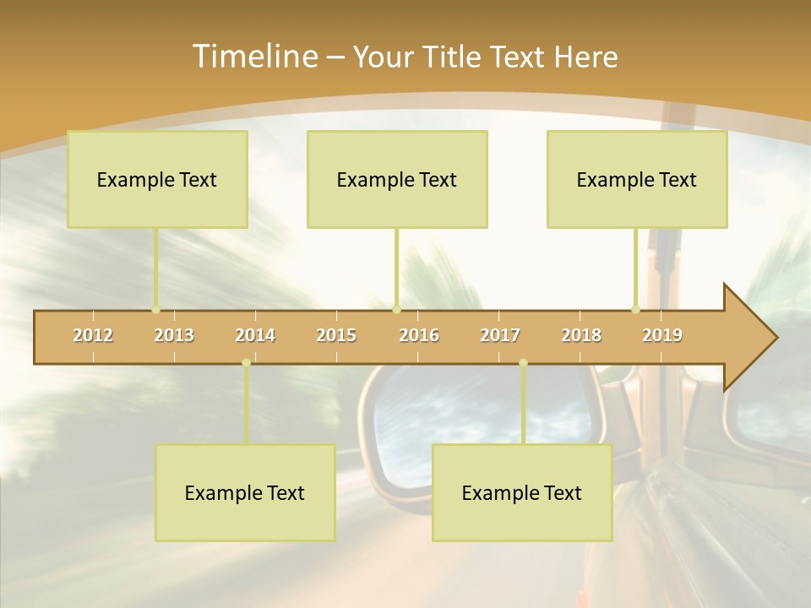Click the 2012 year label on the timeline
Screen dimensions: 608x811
point(93,335)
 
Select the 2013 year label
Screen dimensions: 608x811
point(174,335)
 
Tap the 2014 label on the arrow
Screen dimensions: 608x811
point(255,335)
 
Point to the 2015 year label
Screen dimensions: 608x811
point(336,335)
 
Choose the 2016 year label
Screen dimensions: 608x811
point(419,335)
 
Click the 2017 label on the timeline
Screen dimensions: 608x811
point(500,335)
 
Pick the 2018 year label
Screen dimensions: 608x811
point(581,335)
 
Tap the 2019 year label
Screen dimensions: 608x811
point(662,335)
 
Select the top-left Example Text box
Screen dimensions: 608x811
point(157,179)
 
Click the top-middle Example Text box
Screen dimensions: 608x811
point(397,179)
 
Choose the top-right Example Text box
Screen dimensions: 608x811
point(637,179)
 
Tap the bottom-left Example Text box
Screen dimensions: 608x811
point(245,492)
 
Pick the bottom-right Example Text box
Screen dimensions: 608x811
point(522,492)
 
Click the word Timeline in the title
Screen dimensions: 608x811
point(253,57)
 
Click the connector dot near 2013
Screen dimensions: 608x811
point(155,309)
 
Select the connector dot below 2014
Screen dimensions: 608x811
point(246,363)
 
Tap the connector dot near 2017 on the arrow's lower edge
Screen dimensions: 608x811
point(523,363)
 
